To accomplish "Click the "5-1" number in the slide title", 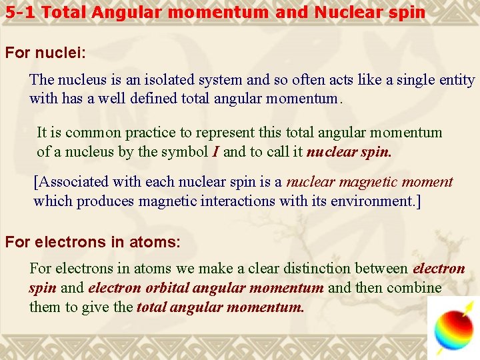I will click(19, 12).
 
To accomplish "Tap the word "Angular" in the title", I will click(121, 12).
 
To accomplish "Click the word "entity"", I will click(457, 80).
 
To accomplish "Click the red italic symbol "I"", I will click(215, 152).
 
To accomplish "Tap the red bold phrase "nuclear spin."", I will click(349, 152).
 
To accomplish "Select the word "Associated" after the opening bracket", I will click(73, 182).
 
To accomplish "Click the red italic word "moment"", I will click(431, 182).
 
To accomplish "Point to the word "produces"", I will click(103, 201).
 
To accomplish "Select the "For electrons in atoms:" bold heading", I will click(93, 242).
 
